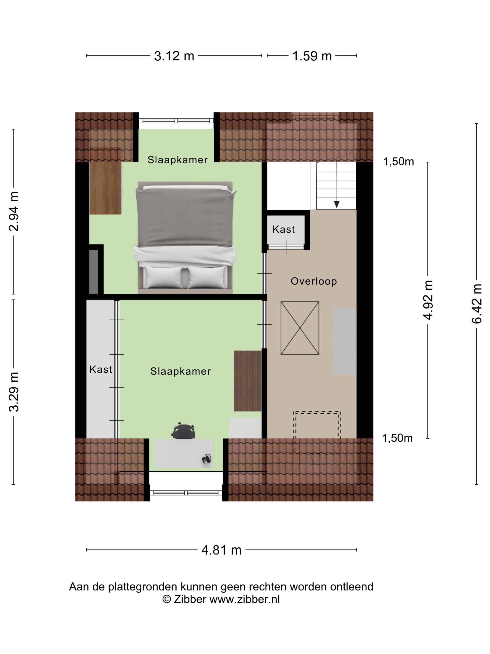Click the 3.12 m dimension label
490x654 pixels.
coord(174,56)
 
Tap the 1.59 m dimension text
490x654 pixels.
coord(312,56)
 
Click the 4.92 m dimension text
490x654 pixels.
coord(428,300)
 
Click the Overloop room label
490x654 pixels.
coord(314,281)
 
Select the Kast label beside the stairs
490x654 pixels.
coord(283,229)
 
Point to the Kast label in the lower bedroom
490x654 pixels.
coord(101,369)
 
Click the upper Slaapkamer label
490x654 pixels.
coord(178,160)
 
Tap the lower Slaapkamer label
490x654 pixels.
coord(180,371)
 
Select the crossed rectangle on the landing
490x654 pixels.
coord(300,328)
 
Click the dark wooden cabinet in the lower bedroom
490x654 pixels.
coord(248,381)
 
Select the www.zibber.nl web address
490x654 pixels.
coord(245,599)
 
